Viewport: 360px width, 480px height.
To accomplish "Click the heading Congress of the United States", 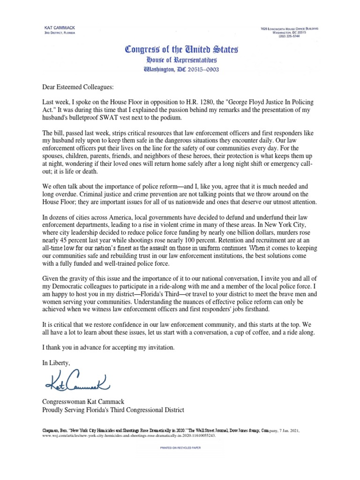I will (x=180, y=49).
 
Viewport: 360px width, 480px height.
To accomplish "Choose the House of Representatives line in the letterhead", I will (x=180, y=60).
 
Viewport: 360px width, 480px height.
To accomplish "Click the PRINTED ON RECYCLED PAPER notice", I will (x=180, y=448).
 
